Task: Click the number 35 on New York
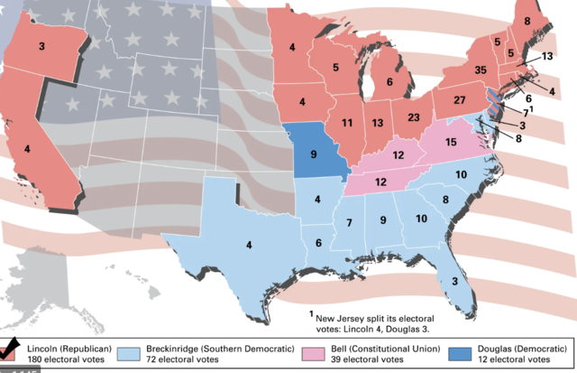tap(481, 70)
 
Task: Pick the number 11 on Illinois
tap(346, 122)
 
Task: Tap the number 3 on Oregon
tap(41, 45)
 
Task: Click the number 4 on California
tap(28, 146)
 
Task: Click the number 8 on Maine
tap(527, 20)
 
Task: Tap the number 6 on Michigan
tap(389, 82)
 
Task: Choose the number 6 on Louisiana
tap(317, 243)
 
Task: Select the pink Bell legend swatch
tap(316, 353)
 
